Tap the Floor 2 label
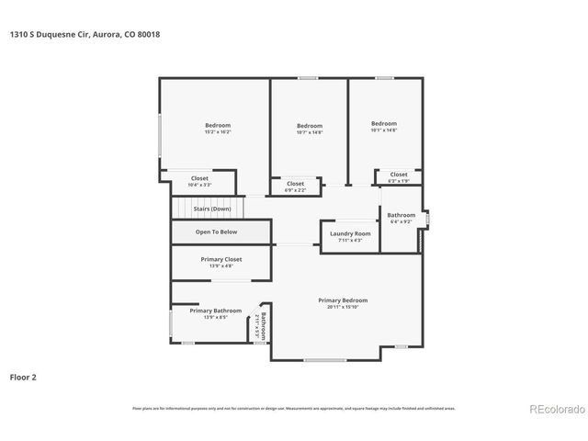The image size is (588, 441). click(24, 377)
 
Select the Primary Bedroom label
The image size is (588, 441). click(343, 300)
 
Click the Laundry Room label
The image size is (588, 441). click(350, 233)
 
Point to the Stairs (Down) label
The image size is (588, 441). click(212, 209)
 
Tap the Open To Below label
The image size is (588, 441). click(216, 232)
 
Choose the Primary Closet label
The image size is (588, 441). click(220, 260)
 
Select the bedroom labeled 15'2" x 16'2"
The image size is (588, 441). click(218, 125)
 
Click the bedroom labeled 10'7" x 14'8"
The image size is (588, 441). click(310, 126)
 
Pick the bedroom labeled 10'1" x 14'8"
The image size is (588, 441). click(384, 124)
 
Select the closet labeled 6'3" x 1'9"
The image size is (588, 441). click(398, 175)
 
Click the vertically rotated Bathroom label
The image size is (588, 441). click(262, 327)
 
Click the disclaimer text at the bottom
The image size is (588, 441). click(294, 408)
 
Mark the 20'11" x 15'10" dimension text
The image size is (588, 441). click(343, 307)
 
